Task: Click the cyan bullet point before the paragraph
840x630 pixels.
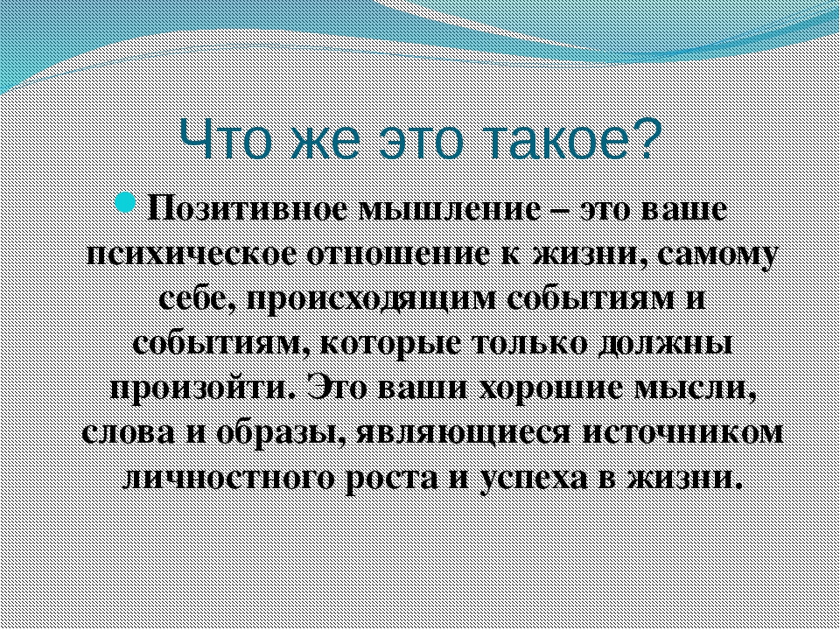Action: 126,203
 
